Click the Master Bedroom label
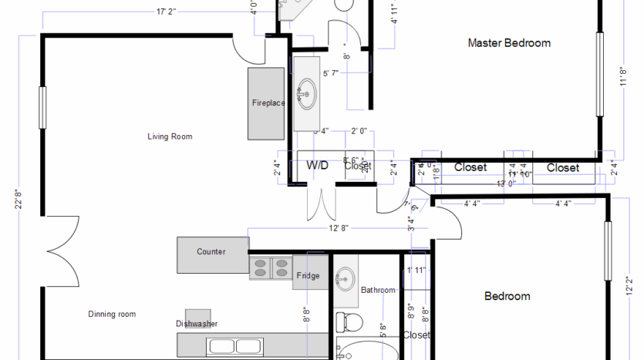coord(509,43)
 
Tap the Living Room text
coord(170,136)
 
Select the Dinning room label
coord(112,314)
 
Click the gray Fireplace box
coord(267,103)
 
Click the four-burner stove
coord(270,267)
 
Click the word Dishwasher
coord(197,324)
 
